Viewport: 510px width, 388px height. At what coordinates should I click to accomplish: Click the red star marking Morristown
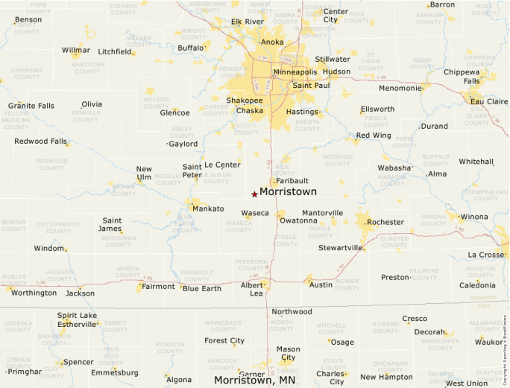click(254, 194)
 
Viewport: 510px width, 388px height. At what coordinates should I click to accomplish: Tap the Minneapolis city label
click(295, 72)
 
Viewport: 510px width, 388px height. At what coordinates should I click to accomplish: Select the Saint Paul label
click(311, 86)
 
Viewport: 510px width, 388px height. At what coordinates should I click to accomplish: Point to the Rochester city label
click(385, 222)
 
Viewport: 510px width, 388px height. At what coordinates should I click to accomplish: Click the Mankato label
click(208, 209)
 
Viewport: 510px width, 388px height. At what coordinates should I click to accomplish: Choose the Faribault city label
click(292, 181)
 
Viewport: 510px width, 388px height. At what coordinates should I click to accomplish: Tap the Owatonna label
click(298, 220)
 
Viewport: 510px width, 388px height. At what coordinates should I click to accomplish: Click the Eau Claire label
click(488, 101)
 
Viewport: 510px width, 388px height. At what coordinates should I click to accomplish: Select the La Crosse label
click(486, 255)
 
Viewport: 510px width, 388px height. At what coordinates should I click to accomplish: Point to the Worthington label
click(34, 293)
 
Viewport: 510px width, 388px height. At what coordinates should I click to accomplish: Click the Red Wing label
click(373, 136)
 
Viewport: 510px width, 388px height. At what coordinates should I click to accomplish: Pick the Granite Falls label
click(31, 106)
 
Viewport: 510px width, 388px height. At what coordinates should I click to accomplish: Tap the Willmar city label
click(76, 51)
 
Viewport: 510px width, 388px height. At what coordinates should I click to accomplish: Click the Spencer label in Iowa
click(78, 362)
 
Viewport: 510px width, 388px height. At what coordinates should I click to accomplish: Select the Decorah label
click(430, 332)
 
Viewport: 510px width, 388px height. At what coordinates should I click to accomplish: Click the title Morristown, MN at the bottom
click(254, 380)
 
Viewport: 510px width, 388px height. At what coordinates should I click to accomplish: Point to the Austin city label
click(321, 284)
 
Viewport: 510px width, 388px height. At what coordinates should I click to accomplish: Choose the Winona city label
click(474, 217)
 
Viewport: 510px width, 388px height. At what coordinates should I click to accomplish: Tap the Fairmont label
click(158, 286)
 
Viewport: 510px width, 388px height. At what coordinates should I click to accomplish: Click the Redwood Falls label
click(40, 141)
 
